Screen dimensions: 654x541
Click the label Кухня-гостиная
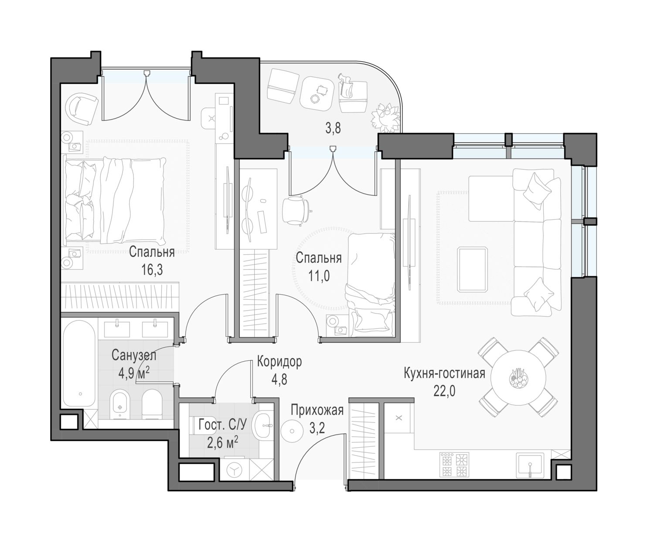coord(444,373)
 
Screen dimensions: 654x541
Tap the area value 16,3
coord(152,270)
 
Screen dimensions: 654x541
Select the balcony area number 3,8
coord(333,129)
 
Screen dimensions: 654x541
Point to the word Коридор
coord(279,362)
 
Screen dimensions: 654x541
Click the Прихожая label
coord(317,410)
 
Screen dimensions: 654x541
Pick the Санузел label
coord(134,356)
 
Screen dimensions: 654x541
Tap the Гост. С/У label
coord(223,425)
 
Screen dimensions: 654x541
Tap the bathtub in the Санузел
coord(79,364)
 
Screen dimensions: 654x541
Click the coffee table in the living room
coord(472,269)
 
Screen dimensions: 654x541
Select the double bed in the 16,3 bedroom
coord(115,201)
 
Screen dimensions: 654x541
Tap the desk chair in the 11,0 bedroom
coord(296,210)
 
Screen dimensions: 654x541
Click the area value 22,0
coord(444,391)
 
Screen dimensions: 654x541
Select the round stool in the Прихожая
coord(292,431)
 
